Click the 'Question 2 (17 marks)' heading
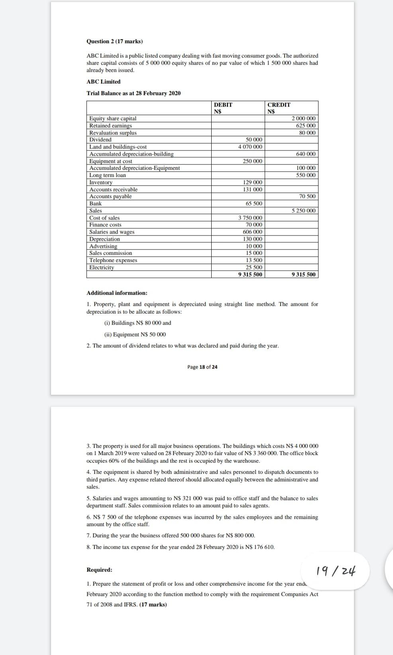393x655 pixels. click(x=114, y=42)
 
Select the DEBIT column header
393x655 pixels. click(x=223, y=105)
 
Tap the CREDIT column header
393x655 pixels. click(x=279, y=105)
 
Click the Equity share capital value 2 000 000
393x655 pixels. click(x=303, y=119)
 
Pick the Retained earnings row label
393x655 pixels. click(x=110, y=126)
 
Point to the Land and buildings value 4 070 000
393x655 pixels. click(x=250, y=147)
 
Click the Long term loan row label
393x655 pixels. click(x=108, y=175)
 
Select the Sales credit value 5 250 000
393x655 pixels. click(x=303, y=211)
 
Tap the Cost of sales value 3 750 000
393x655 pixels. click(x=250, y=218)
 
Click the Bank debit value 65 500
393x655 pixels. click(x=254, y=204)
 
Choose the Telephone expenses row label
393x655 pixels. click(x=113, y=260)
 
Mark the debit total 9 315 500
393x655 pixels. click(x=250, y=275)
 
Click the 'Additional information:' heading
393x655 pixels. click(x=117, y=293)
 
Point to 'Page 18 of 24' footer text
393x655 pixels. click(x=202, y=367)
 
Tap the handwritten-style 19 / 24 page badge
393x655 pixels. click(x=336, y=571)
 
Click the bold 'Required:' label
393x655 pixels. click(x=99, y=570)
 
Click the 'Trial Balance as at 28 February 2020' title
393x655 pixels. click(x=134, y=93)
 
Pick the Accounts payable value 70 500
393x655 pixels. click(x=307, y=196)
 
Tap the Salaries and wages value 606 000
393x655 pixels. click(x=252, y=232)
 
